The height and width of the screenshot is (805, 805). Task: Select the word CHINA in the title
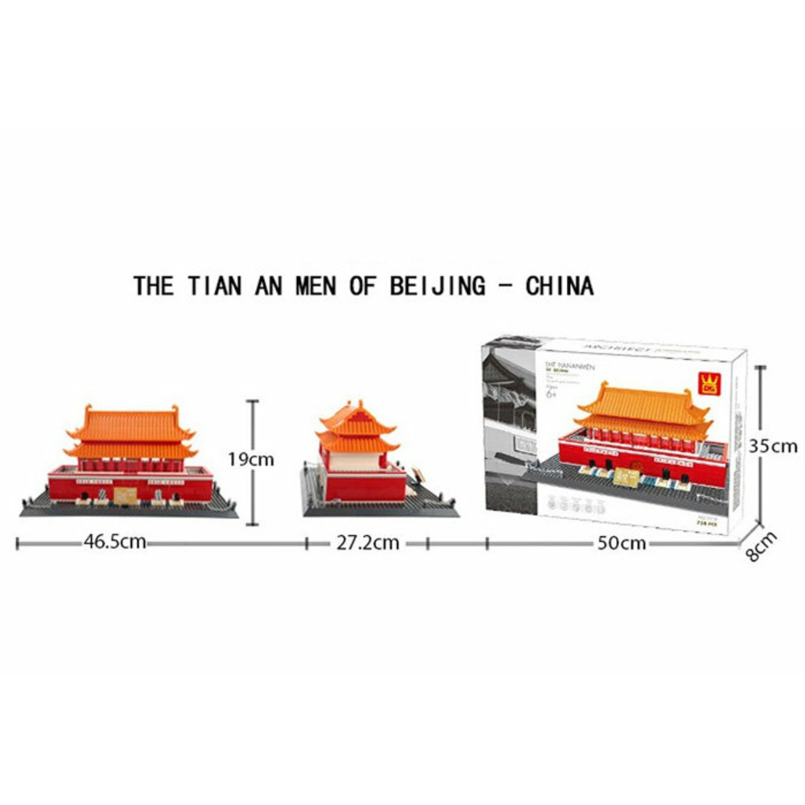(x=559, y=286)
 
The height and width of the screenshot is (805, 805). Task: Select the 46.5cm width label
(x=114, y=542)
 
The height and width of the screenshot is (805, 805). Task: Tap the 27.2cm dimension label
(x=368, y=543)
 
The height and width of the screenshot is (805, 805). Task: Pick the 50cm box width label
(x=621, y=543)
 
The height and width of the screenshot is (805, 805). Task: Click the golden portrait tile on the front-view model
(x=123, y=493)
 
